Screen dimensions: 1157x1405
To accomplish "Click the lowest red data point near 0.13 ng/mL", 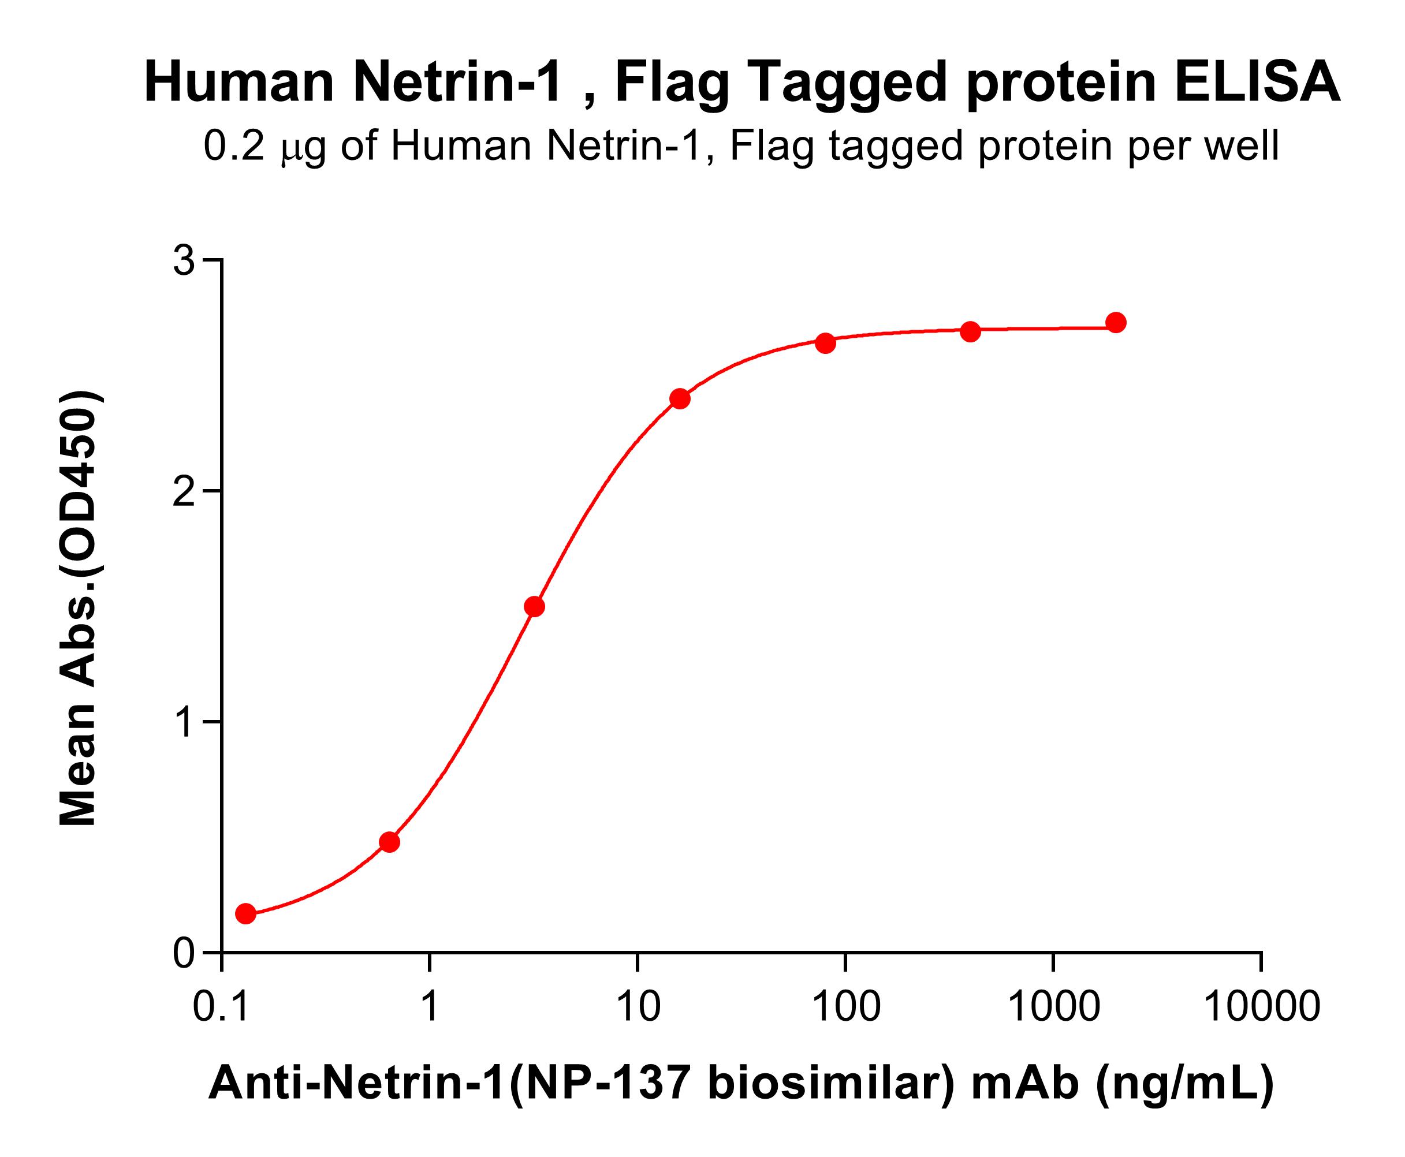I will point(246,913).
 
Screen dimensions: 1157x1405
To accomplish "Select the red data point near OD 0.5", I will point(389,842).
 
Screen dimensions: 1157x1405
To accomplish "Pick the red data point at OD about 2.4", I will point(680,399).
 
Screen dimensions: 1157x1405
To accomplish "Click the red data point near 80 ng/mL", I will point(825,344).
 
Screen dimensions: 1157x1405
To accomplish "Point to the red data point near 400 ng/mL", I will point(970,331).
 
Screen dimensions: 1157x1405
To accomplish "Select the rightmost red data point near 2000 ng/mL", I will point(1116,323).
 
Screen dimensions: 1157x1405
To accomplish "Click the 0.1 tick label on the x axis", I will point(221,1006).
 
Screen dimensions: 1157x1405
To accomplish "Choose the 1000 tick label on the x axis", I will point(1053,1006).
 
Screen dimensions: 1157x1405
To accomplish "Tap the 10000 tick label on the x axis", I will point(1262,1006).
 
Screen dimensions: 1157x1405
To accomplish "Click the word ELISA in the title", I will point(1257,83).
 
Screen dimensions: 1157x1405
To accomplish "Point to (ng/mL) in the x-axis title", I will point(1184,1084).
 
